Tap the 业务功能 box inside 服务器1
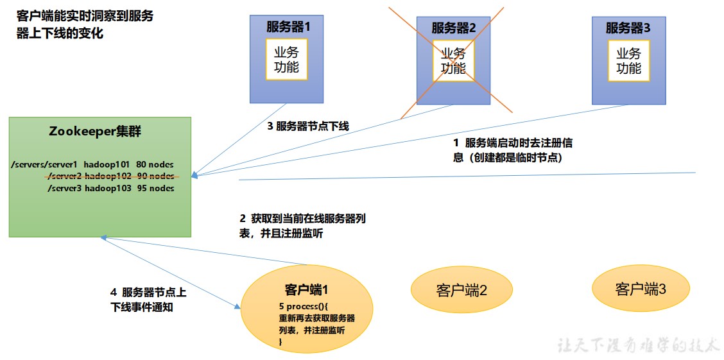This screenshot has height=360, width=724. coord(286,59)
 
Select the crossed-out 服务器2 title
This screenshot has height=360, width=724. coord(453,28)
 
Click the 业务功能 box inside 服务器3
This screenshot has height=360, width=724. coord(628,60)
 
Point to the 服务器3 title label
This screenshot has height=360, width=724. coord(628,28)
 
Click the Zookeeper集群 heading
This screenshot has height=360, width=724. coord(95,132)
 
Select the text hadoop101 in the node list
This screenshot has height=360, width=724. coord(107,164)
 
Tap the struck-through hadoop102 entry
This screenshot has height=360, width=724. coord(108,176)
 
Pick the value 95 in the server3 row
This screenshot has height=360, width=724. coord(142,188)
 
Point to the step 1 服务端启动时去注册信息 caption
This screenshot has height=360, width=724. coord(517,150)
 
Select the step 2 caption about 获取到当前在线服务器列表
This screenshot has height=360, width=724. coord(302,226)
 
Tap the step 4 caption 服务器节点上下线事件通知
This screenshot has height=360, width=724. coord(148,300)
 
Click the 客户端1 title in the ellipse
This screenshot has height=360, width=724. coord(307,289)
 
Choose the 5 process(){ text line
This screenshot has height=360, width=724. coord(304,306)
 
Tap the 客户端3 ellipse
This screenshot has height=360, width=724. coord(641,289)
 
